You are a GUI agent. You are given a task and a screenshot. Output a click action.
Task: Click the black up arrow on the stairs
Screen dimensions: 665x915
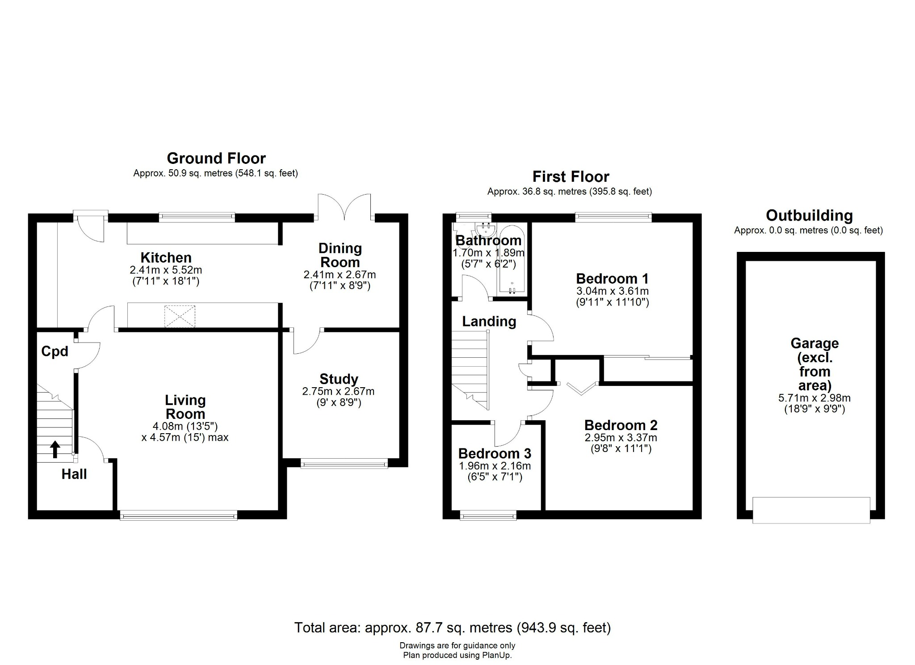(55, 449)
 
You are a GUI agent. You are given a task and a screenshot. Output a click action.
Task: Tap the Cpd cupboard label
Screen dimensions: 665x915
(55, 351)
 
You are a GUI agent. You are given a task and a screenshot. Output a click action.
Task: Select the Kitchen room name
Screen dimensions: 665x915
(166, 258)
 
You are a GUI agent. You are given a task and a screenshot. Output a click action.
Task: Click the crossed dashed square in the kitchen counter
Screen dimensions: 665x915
(180, 316)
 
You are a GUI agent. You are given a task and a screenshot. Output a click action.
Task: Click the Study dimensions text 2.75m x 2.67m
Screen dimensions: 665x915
(338, 391)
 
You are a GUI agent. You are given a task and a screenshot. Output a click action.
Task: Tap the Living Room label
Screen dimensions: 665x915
(185, 407)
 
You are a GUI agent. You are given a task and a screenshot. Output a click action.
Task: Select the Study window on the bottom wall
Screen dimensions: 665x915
(344, 464)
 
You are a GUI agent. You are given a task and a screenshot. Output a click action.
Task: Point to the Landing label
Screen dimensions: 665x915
(489, 321)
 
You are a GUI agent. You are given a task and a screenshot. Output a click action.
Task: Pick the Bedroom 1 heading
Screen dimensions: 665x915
(612, 279)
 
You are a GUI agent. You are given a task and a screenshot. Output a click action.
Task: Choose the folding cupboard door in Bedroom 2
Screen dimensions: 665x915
(581, 389)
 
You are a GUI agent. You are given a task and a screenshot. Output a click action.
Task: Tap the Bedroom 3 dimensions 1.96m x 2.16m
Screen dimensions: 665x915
(495, 466)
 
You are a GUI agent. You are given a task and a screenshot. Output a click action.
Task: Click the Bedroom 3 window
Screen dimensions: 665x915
(488, 516)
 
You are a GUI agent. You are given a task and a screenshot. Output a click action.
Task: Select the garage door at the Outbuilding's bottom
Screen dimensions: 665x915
(811, 510)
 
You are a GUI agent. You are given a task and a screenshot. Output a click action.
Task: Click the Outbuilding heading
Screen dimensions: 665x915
(809, 216)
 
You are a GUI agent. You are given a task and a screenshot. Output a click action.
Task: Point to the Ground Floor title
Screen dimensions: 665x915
(216, 158)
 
